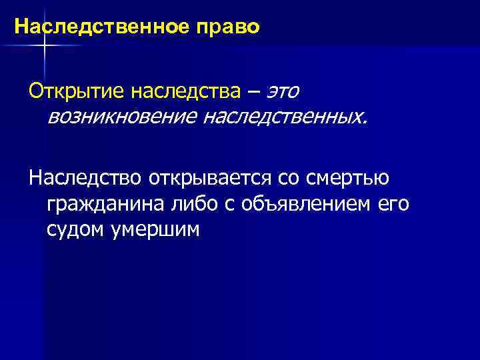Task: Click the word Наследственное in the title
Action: [x=94, y=27]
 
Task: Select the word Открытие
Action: [x=66, y=89]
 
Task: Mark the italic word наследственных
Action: [x=292, y=117]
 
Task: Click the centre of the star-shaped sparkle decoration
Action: [x=44, y=45]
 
